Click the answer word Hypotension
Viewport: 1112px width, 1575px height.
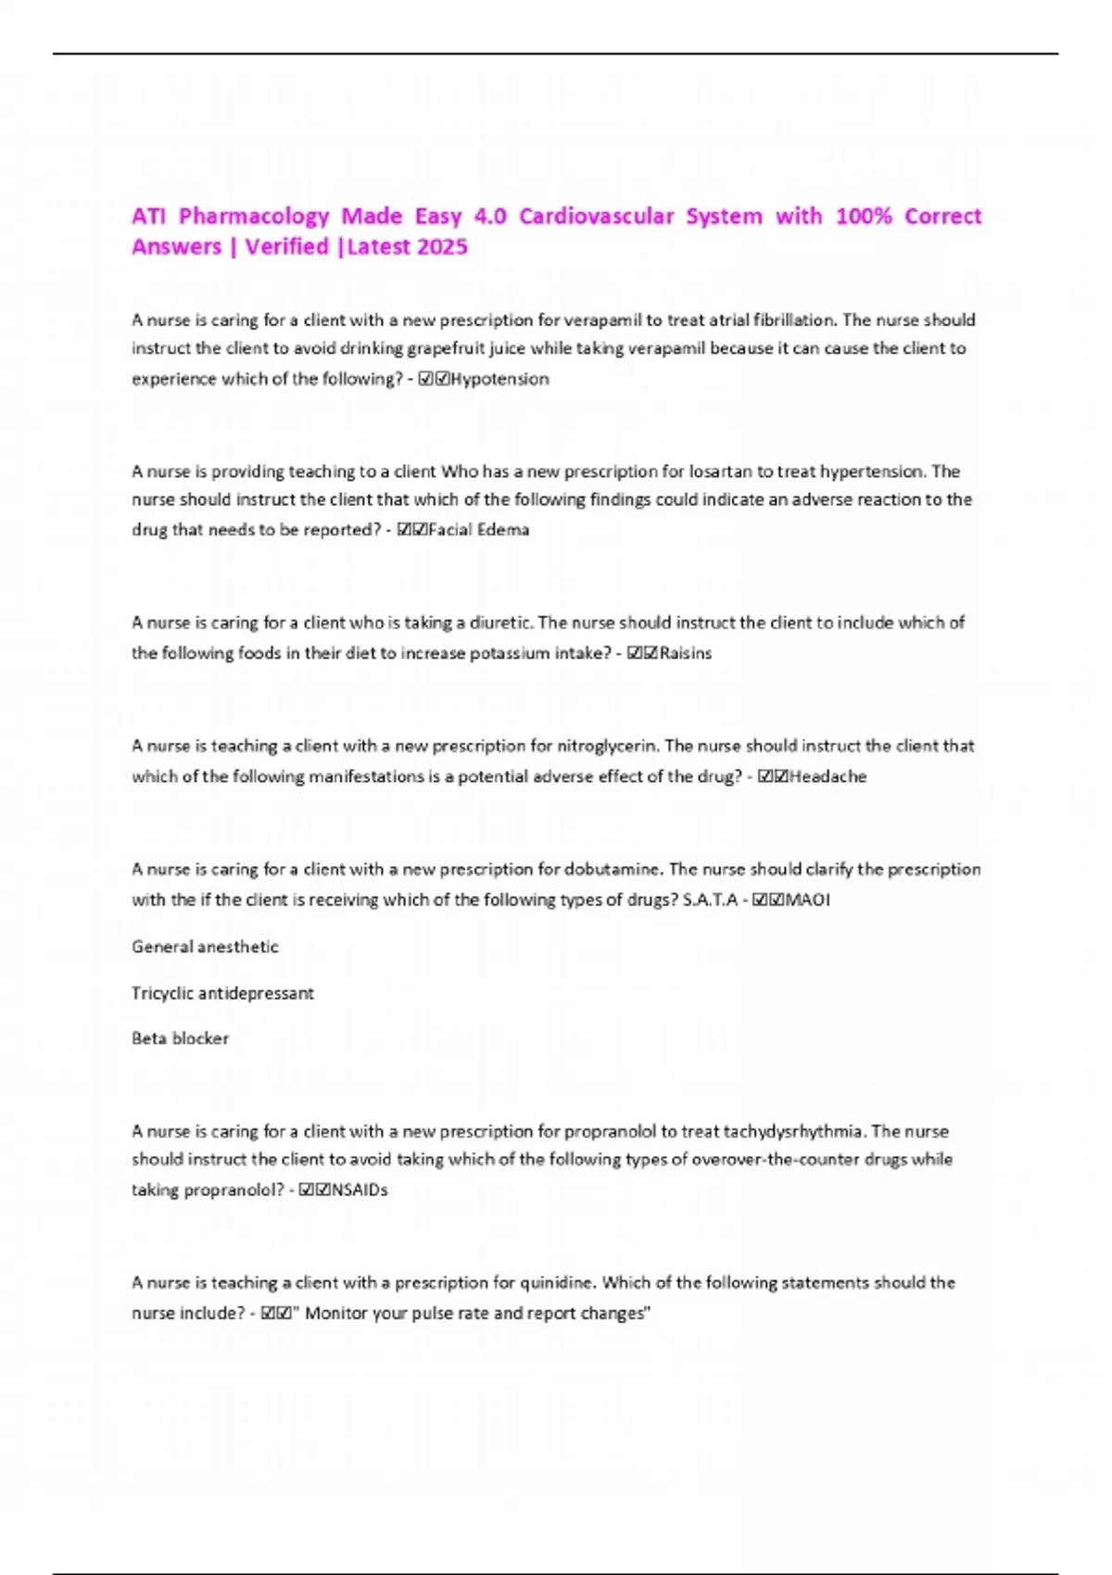point(499,379)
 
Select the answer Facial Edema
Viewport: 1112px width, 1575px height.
point(478,530)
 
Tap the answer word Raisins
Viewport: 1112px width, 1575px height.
point(686,653)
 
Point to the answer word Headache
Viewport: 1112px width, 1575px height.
point(828,776)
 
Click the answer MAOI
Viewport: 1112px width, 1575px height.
point(807,900)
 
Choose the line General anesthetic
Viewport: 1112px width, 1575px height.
point(205,947)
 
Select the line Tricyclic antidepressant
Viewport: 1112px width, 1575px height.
point(222,993)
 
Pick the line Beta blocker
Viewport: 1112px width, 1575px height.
point(180,1039)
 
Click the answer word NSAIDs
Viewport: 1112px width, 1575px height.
point(360,1190)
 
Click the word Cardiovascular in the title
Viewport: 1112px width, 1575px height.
point(596,216)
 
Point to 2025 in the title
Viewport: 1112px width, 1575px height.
point(442,246)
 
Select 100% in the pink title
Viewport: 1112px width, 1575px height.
point(864,216)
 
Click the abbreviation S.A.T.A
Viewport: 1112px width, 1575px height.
point(710,900)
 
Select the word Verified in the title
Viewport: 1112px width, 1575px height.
point(287,246)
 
